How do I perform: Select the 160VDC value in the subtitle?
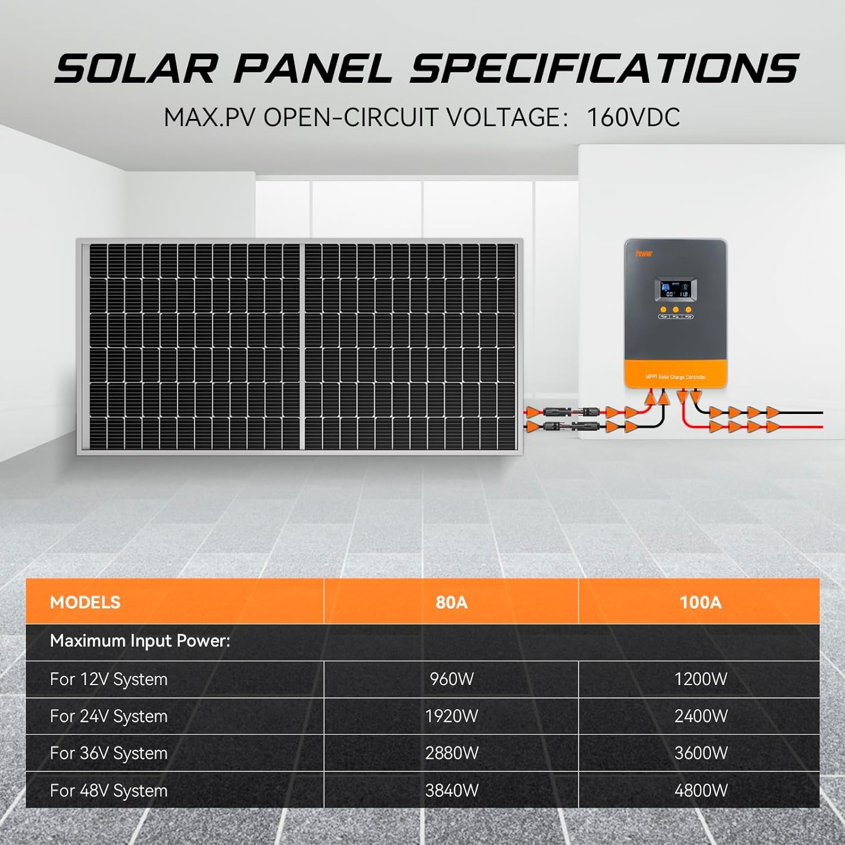[x=633, y=118]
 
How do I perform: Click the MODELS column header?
[x=85, y=602]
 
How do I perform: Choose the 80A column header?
[x=451, y=602]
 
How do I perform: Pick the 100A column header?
[x=700, y=602]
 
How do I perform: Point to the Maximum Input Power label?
[x=140, y=641]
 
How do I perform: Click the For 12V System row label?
[x=109, y=679]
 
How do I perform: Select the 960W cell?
[x=451, y=679]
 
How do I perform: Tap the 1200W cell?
[x=700, y=679]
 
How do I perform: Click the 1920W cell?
[x=451, y=716]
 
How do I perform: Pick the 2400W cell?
[x=700, y=716]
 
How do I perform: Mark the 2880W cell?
[x=451, y=753]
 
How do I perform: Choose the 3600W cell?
[x=700, y=753]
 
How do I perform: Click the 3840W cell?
[x=451, y=790]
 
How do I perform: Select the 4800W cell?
[x=700, y=790]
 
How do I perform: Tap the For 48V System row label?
[x=109, y=790]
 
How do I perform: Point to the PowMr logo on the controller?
[x=644, y=254]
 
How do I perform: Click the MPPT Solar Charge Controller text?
[x=675, y=377]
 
